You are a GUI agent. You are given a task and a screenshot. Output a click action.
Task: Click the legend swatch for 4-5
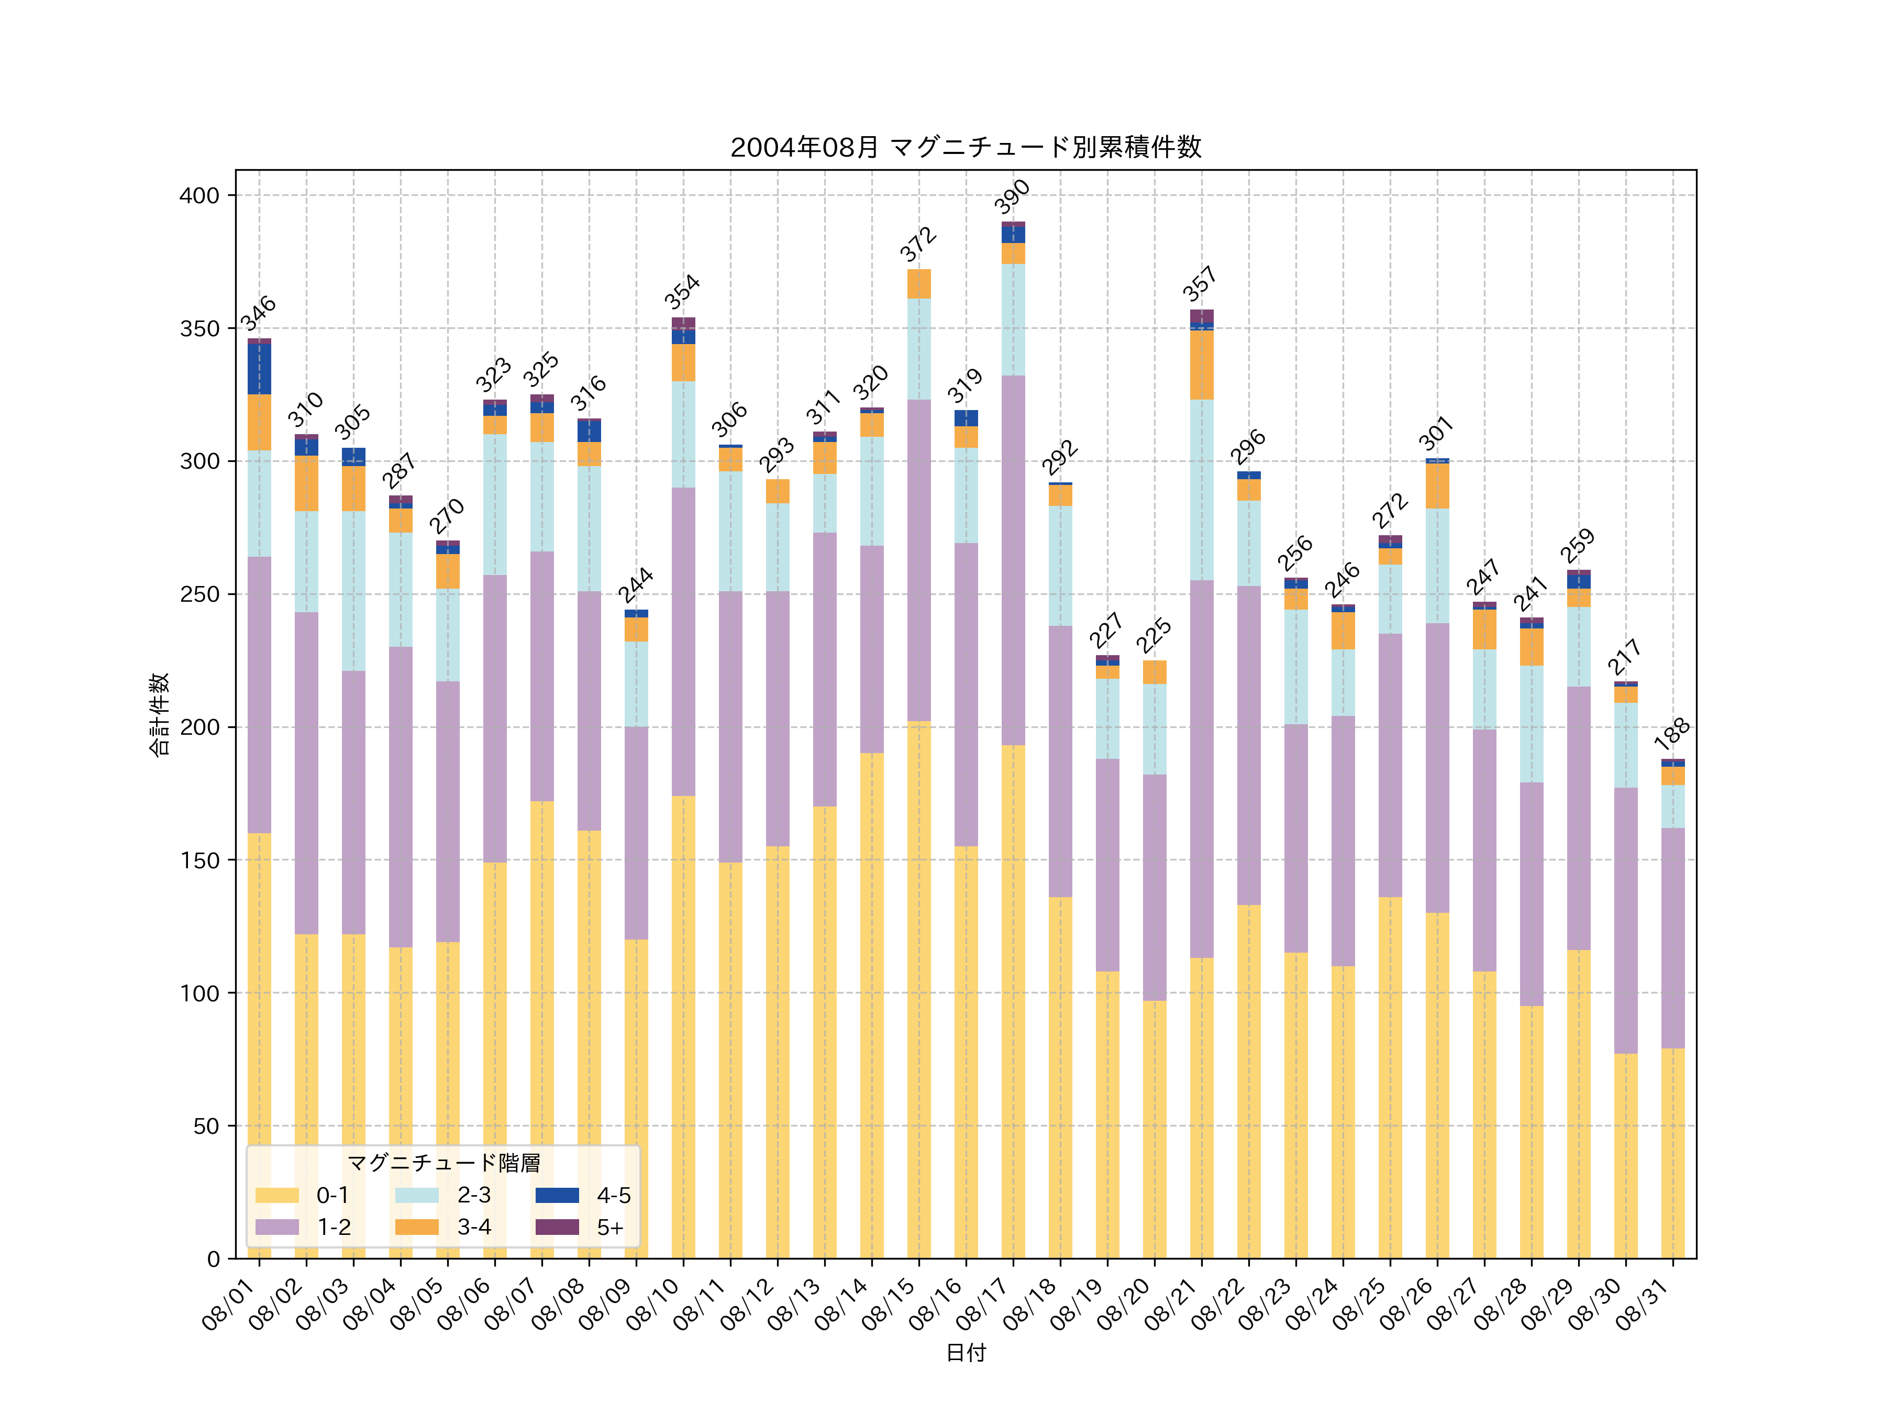click(557, 1195)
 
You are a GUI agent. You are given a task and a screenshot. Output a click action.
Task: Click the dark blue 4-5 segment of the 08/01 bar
click(259, 369)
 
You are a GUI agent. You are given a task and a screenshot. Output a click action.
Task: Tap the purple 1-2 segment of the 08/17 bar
click(1013, 560)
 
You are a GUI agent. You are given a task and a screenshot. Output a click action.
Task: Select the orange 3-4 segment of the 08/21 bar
click(1202, 365)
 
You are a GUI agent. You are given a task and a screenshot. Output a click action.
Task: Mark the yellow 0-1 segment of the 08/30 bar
click(1625, 1155)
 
